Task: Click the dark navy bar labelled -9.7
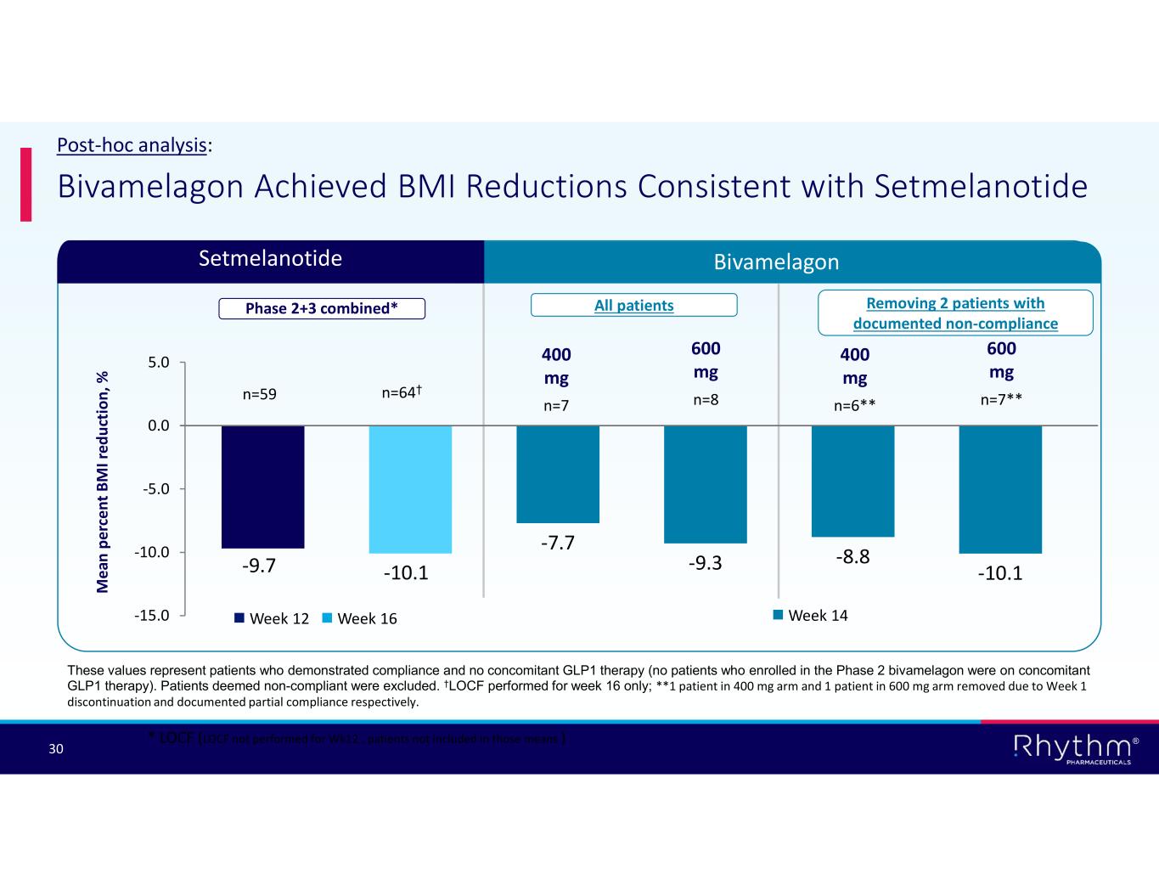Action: (x=262, y=486)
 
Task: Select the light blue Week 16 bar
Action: (x=410, y=488)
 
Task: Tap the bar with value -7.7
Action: (x=557, y=474)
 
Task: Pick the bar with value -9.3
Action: (x=705, y=483)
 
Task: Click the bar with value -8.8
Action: (x=852, y=481)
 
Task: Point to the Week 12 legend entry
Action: (x=272, y=618)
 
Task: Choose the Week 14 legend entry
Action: (x=810, y=615)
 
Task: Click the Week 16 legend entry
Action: (x=360, y=618)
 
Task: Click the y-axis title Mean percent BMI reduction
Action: (x=103, y=481)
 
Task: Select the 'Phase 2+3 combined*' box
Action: (x=322, y=308)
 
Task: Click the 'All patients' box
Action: (x=633, y=305)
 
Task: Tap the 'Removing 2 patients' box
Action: (x=955, y=313)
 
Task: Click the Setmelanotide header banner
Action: (x=270, y=259)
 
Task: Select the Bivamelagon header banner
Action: (x=776, y=262)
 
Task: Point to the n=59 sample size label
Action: (x=260, y=394)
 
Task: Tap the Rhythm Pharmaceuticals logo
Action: (x=1075, y=748)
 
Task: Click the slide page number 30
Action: (x=56, y=748)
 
